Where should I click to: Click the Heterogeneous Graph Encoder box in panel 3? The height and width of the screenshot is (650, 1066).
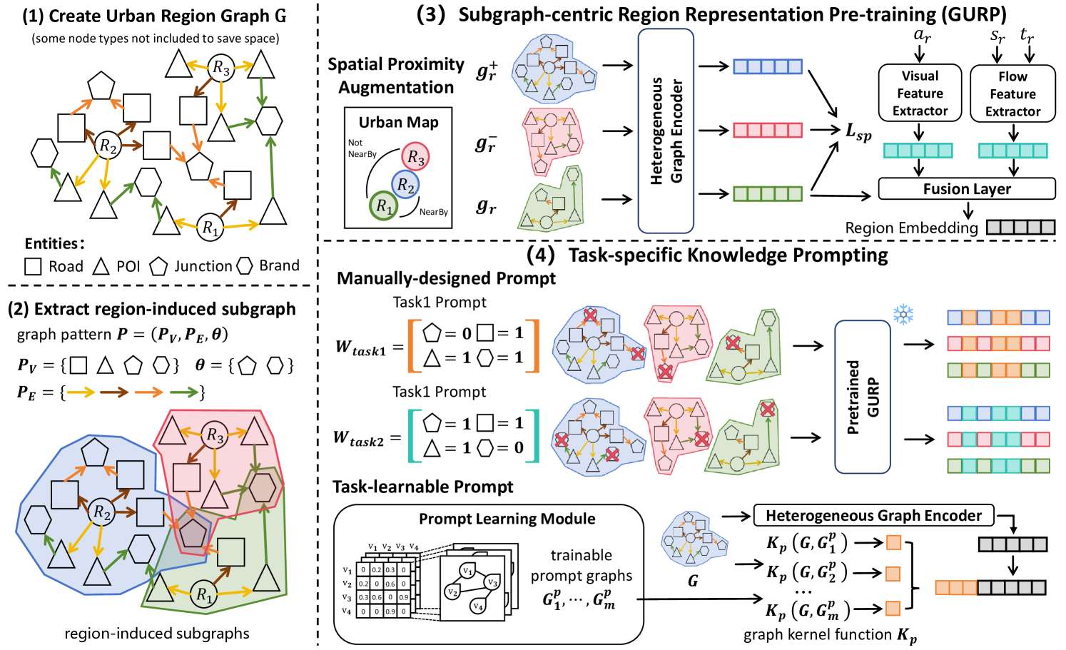click(x=665, y=131)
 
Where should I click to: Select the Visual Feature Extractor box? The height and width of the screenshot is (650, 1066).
click(x=919, y=93)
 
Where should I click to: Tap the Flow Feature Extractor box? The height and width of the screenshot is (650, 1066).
click(x=1012, y=93)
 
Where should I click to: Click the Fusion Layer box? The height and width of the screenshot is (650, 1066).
click(x=966, y=189)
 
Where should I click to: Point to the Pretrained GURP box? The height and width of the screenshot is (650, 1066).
click(x=862, y=397)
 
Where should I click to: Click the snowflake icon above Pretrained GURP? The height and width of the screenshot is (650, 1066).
click(x=903, y=314)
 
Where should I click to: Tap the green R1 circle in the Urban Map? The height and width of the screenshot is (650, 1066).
click(x=384, y=207)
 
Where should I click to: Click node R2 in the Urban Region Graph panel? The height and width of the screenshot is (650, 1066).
click(x=108, y=146)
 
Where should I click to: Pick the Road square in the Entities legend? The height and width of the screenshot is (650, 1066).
click(x=33, y=266)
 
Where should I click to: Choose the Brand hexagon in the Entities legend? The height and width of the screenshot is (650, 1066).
click(x=245, y=265)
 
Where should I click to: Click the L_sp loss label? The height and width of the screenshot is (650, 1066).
click(x=858, y=132)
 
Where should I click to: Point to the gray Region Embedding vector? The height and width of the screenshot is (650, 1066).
click(x=1020, y=228)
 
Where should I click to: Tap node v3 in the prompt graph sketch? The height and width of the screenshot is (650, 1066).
click(x=490, y=583)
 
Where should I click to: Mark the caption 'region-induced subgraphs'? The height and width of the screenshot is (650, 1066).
click(x=157, y=633)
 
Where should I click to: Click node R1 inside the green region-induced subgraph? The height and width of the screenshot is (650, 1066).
click(x=204, y=594)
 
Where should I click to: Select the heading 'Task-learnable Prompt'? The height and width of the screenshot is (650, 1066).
click(x=422, y=487)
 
